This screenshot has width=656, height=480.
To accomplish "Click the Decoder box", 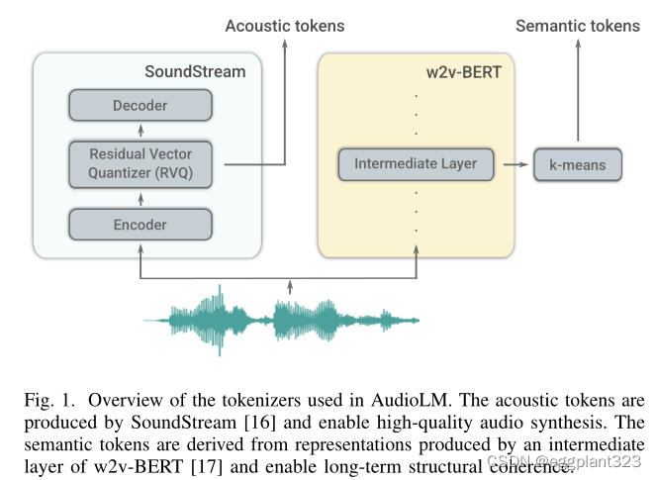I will (x=140, y=105).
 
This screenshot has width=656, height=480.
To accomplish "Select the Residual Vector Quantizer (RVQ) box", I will (x=140, y=163).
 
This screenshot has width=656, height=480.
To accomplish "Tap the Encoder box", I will (x=140, y=225).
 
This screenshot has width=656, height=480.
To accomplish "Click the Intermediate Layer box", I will (x=416, y=164).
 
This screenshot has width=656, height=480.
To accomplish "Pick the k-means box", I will (x=577, y=165).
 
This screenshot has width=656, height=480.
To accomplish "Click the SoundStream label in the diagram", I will (x=195, y=71).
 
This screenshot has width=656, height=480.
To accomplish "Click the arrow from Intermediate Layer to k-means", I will (x=512, y=164).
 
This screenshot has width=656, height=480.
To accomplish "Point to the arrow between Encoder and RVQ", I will (x=140, y=196).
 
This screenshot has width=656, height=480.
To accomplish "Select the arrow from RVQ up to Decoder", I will (x=140, y=131).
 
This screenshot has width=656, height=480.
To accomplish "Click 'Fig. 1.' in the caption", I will (x=47, y=401).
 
